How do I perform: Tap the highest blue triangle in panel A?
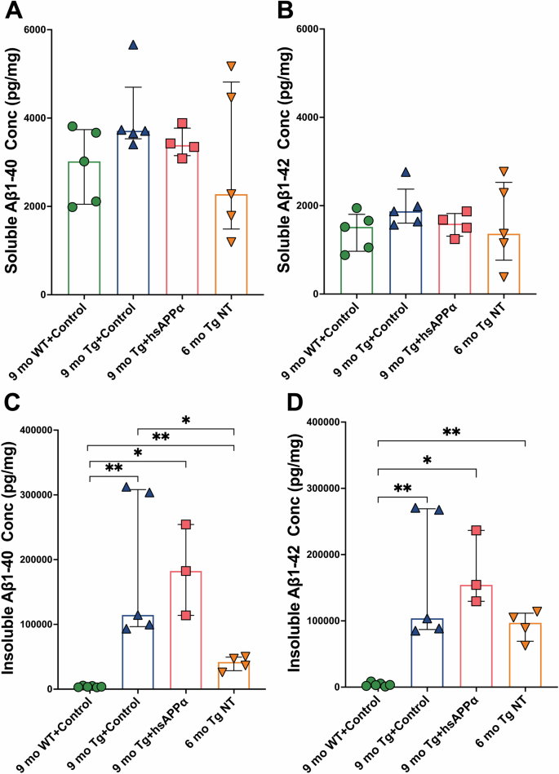pos(133,45)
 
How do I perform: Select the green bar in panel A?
pos(83,228)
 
